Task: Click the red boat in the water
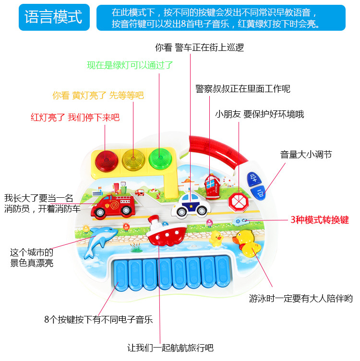click(x=165, y=231)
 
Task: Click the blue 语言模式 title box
click(x=53, y=17)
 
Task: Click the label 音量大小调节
click(x=306, y=154)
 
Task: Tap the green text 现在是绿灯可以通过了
click(x=130, y=65)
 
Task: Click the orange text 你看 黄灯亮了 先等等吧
click(x=98, y=95)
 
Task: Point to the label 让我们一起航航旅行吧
click(x=170, y=348)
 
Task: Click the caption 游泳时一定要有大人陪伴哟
click(x=300, y=299)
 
